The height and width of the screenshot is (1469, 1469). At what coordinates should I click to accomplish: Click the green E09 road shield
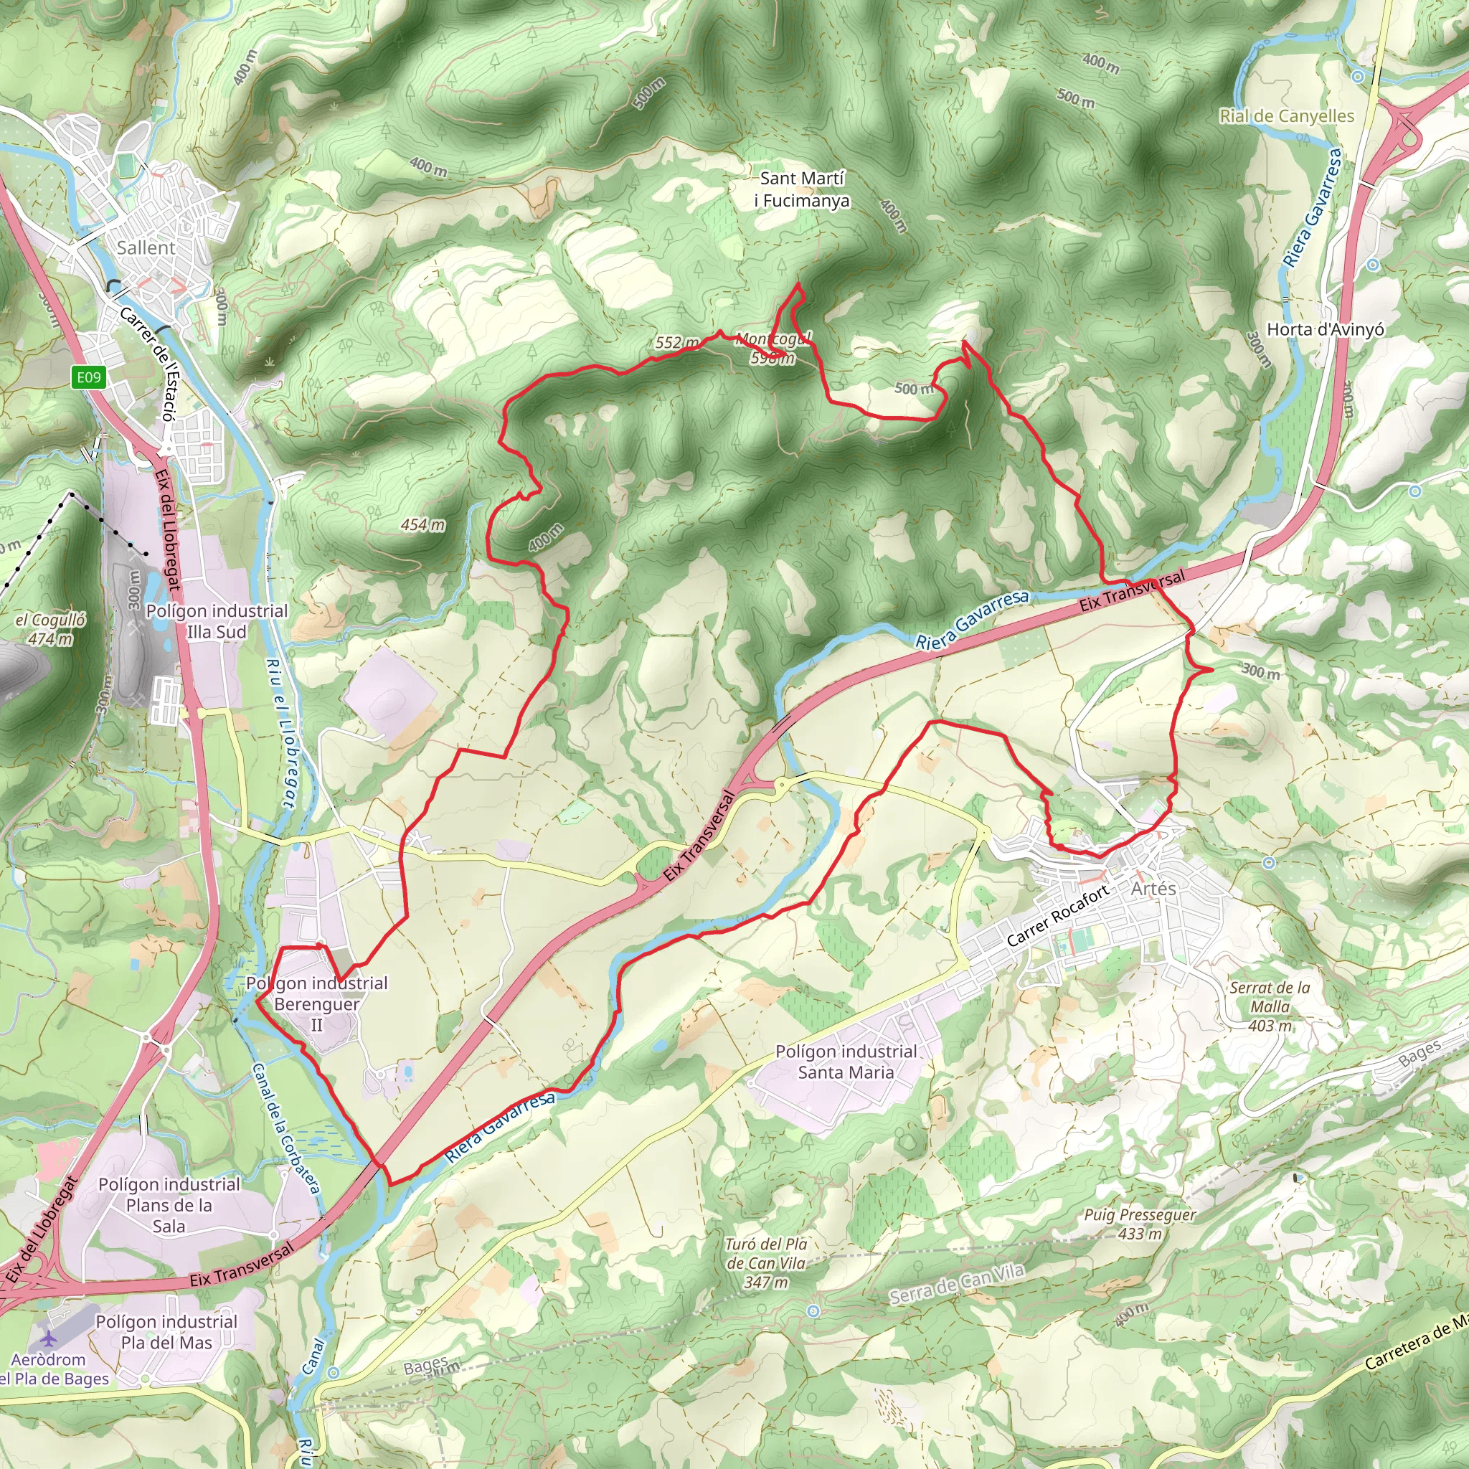pyautogui.click(x=88, y=377)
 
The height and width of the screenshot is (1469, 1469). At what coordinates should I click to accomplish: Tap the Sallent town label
pyautogui.click(x=146, y=248)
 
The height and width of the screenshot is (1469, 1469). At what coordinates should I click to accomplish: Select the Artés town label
pyautogui.click(x=1153, y=888)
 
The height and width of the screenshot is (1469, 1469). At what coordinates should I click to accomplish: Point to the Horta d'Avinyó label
pyautogui.click(x=1325, y=329)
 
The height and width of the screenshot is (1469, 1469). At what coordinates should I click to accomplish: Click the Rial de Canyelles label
pyautogui.click(x=1287, y=116)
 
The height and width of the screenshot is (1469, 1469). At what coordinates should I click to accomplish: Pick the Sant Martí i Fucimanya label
pyautogui.click(x=802, y=189)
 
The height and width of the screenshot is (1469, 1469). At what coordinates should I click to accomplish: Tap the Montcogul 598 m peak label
pyautogui.click(x=773, y=348)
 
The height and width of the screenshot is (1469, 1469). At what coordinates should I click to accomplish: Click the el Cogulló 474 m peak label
pyautogui.click(x=50, y=629)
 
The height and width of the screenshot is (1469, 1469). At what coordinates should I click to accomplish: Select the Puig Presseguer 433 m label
pyautogui.click(x=1139, y=1224)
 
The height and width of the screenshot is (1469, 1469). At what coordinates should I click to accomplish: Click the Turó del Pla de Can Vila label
pyautogui.click(x=765, y=1263)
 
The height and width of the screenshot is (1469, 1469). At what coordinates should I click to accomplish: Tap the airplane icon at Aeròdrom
pyautogui.click(x=49, y=1338)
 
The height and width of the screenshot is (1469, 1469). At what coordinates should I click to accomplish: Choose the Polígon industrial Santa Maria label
pyautogui.click(x=846, y=1062)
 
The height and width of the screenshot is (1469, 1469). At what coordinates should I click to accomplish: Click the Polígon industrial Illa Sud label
pyautogui.click(x=217, y=621)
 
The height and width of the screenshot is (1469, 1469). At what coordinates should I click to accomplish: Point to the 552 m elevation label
pyautogui.click(x=676, y=343)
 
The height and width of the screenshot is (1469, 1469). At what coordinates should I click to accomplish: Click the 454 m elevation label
pyautogui.click(x=422, y=524)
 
